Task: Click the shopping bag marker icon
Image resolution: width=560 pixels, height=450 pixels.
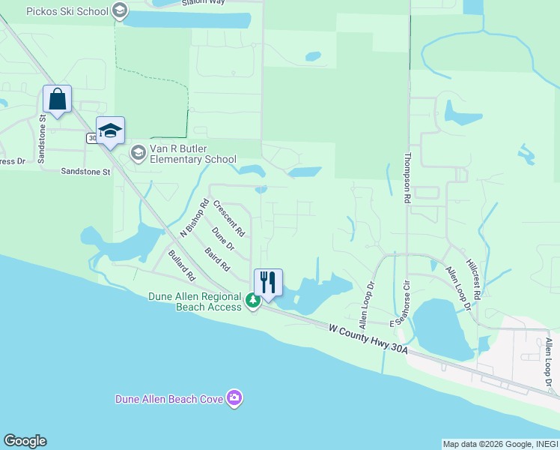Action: point(57,99)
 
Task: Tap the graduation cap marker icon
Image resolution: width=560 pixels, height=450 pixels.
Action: point(110,131)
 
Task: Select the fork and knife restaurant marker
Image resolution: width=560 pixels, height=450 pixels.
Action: point(268,283)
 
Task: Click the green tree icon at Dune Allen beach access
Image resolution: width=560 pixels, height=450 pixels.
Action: point(253,301)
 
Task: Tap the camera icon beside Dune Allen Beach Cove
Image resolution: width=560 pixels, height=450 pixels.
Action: point(234,398)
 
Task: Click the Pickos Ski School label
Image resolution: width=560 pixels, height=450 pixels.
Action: point(67,12)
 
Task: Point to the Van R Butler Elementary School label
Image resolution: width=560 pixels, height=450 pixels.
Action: point(192,154)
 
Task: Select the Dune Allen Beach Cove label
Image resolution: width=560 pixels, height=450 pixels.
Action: point(168,399)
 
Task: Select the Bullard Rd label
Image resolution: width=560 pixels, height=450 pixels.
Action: point(181,266)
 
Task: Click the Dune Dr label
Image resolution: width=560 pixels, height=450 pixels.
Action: point(223,240)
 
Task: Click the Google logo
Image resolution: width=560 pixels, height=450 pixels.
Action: point(25,441)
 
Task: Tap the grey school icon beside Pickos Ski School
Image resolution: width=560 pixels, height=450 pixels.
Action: point(119,11)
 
